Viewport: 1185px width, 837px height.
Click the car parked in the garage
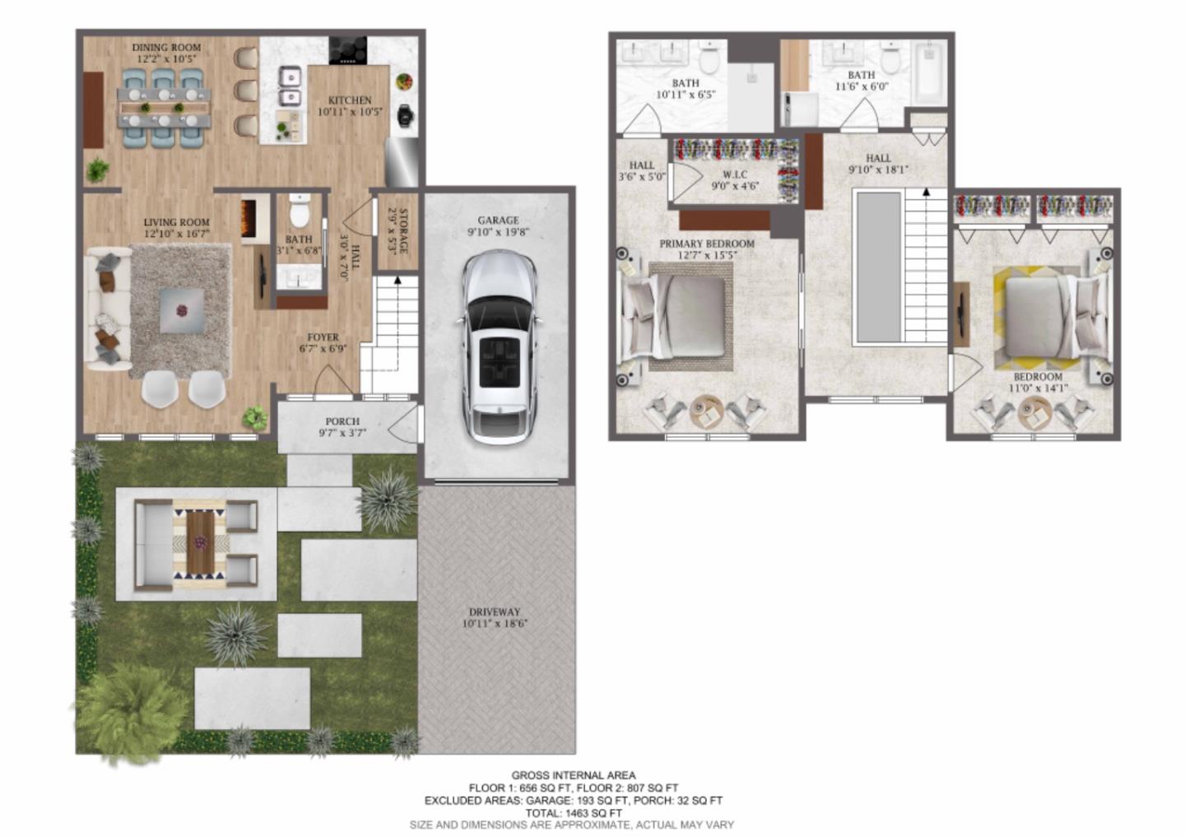(x=499, y=348)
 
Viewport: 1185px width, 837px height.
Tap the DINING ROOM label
(x=166, y=48)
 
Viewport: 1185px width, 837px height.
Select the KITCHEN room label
(x=350, y=100)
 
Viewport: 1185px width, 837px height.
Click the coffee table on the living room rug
(x=182, y=310)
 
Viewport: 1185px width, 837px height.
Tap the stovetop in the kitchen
(x=349, y=50)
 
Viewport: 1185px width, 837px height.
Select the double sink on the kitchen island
(x=288, y=87)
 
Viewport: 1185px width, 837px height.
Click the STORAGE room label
(x=404, y=231)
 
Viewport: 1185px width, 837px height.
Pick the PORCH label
(x=342, y=421)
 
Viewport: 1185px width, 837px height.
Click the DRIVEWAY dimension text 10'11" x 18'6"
(x=495, y=624)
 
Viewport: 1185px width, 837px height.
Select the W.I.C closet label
(x=734, y=174)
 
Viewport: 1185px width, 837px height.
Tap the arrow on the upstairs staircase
(x=927, y=193)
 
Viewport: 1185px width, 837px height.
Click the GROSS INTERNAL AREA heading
(x=573, y=775)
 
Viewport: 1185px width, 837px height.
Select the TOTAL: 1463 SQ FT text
(x=574, y=812)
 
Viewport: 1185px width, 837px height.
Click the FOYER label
(x=323, y=337)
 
